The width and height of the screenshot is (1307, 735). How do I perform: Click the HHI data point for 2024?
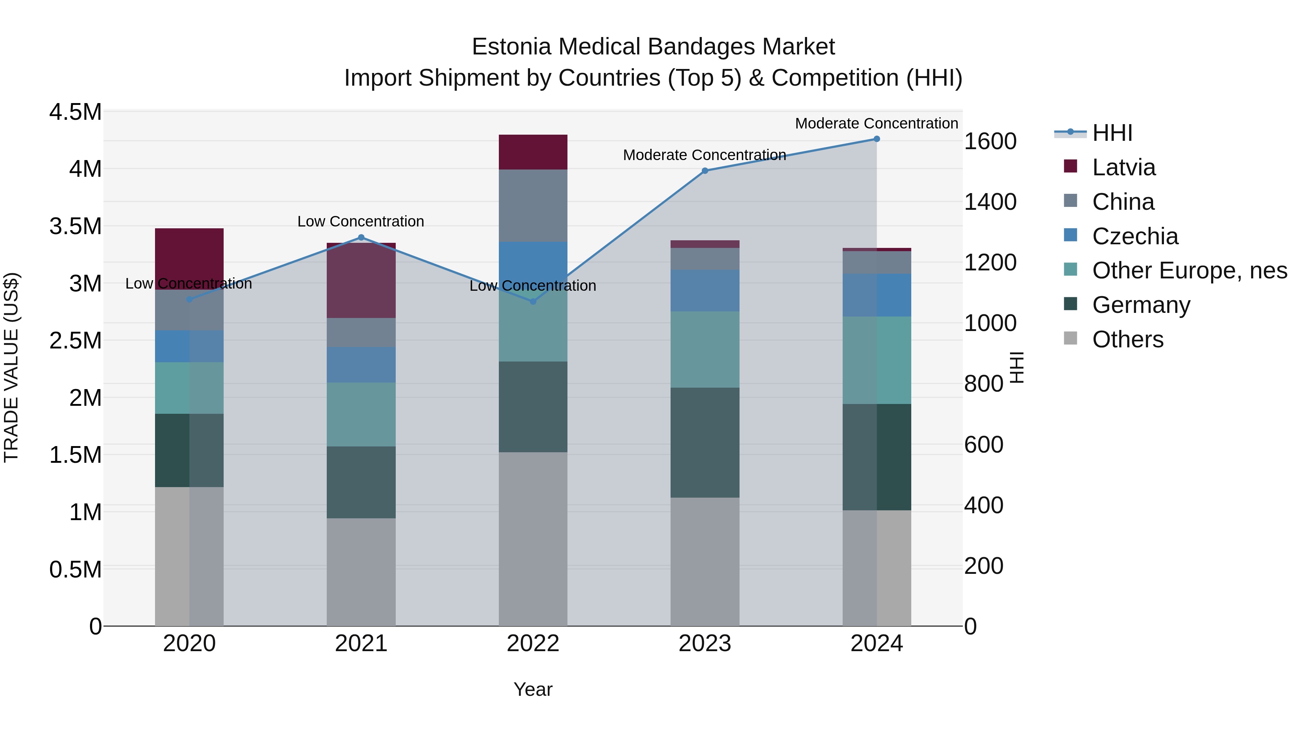coord(876,139)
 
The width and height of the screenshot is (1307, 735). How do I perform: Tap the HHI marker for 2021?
coord(361,237)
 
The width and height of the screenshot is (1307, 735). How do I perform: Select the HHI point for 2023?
coord(705,171)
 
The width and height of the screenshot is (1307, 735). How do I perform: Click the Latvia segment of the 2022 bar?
coord(533,152)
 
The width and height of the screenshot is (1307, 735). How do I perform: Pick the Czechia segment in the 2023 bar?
coord(705,291)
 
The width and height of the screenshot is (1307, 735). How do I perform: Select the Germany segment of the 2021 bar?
coord(361,482)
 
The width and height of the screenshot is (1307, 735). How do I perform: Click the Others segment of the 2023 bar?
coord(705,562)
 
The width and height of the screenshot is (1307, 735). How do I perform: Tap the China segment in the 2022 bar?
coord(533,205)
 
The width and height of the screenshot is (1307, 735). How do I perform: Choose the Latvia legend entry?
coord(1123,167)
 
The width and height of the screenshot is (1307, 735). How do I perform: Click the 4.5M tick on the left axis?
coord(76,112)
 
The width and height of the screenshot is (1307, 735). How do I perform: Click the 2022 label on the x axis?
coord(533,644)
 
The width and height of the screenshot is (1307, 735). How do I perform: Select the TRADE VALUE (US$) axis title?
coord(12,367)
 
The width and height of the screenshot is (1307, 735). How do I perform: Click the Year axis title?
coord(533,689)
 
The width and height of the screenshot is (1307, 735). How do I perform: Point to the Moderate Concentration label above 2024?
coord(876,123)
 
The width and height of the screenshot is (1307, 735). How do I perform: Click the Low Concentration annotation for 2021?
coord(361,222)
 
